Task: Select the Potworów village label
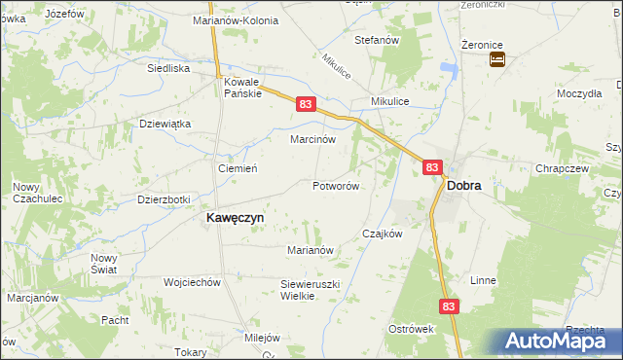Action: tap(337, 186)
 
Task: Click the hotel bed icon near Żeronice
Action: tap(497, 60)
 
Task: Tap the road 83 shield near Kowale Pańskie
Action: tap(306, 104)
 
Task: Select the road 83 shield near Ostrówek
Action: tap(447, 306)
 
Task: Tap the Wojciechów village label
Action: tap(193, 282)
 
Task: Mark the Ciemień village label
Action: tap(237, 168)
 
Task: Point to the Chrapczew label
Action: tap(562, 168)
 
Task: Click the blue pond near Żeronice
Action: tap(449, 69)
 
